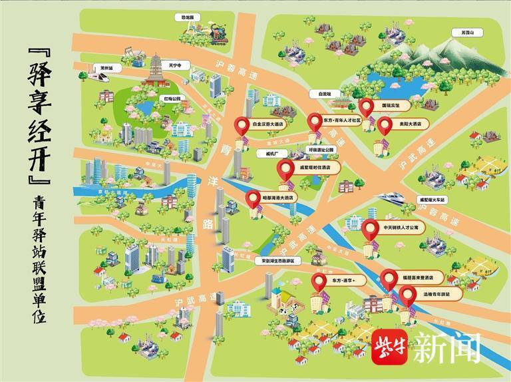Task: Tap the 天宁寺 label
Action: tap(174, 65)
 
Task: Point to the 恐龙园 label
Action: tap(187, 17)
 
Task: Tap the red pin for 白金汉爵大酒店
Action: tap(241, 124)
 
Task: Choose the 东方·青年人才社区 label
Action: tap(341, 120)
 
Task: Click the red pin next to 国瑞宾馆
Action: tap(365, 106)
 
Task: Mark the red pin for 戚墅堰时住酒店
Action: tap(286, 170)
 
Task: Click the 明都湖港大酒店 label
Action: tap(277, 198)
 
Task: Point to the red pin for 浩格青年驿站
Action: tap(407, 293)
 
